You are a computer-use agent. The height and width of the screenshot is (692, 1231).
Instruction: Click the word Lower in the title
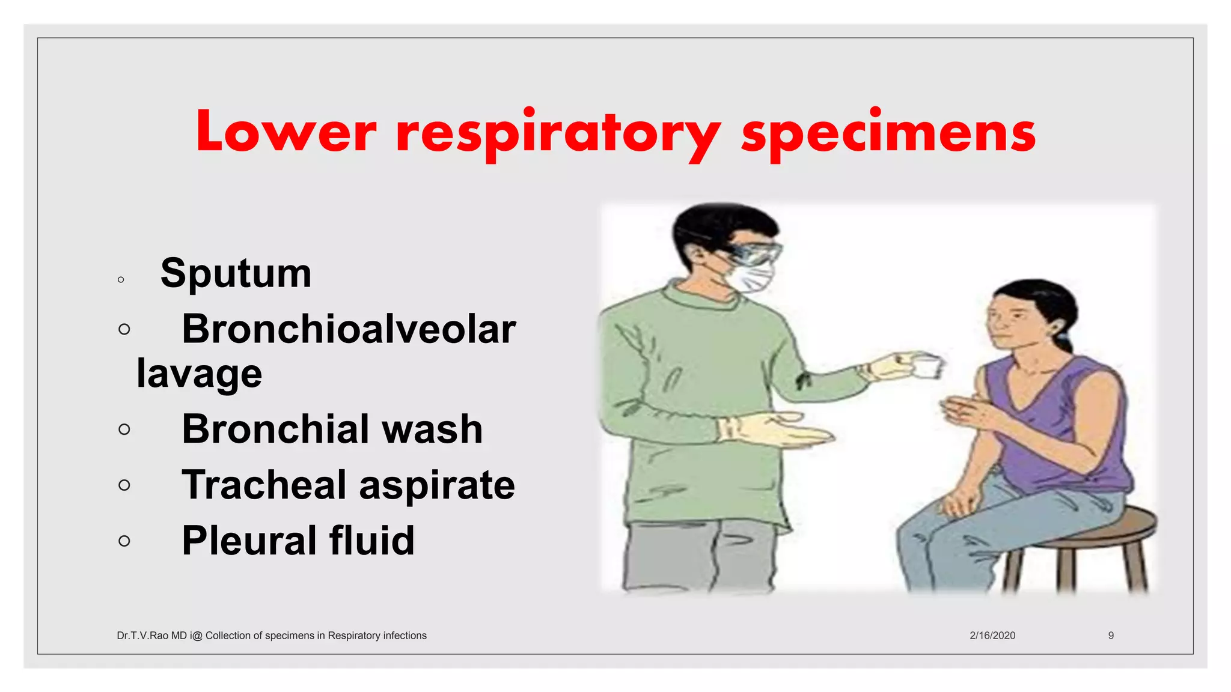coord(286,132)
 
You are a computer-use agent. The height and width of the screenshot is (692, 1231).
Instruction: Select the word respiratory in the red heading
coord(558,133)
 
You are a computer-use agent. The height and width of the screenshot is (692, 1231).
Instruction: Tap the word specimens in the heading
coord(888,133)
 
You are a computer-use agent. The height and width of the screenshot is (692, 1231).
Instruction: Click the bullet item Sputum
coord(236,273)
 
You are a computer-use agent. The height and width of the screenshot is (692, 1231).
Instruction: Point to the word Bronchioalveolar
coord(349,329)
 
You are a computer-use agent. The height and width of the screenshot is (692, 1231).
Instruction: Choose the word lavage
coord(199,374)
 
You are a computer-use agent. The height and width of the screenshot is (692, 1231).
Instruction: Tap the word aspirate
coord(437,485)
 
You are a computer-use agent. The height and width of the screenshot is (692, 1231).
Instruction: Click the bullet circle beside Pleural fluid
coord(124,541)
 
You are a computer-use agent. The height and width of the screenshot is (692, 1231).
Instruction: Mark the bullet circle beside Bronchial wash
coord(124,429)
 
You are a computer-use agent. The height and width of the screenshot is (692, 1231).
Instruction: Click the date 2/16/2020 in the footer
coord(992,636)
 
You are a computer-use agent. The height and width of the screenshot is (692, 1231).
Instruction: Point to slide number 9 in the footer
coord(1111,636)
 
